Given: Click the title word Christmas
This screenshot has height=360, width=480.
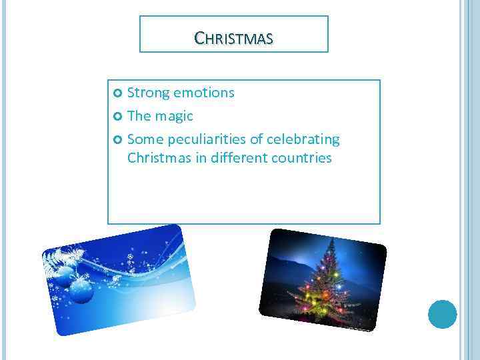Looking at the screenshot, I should pyautogui.click(x=233, y=39).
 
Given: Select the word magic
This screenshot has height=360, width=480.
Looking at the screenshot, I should pyautogui.click(x=174, y=117).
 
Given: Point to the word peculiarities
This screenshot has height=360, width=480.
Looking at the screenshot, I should pyautogui.click(x=208, y=140).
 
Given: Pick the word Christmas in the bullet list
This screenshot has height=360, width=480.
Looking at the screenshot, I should pyautogui.click(x=159, y=159).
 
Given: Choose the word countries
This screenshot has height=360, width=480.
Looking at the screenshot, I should pyautogui.click(x=301, y=159).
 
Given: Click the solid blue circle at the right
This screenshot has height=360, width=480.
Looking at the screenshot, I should pyautogui.click(x=442, y=314).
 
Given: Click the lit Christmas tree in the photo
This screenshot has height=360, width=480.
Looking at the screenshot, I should pyautogui.click(x=327, y=281).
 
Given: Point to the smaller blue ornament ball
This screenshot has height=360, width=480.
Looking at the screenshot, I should pyautogui.click(x=64, y=275).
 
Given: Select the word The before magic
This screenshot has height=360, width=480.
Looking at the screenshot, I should pyautogui.click(x=139, y=117).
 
